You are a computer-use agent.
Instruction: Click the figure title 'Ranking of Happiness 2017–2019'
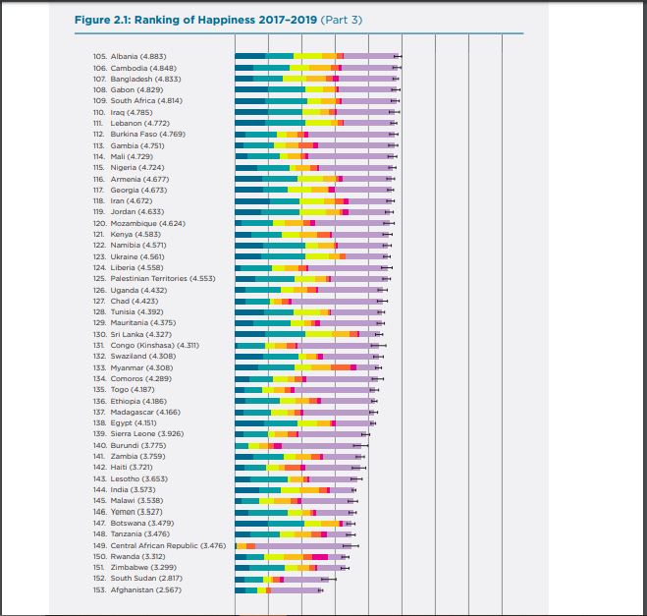[x=225, y=20]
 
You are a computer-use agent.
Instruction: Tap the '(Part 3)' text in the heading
[x=342, y=20]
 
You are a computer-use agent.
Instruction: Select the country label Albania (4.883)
[x=138, y=57]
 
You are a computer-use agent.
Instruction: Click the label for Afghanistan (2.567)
[x=145, y=590]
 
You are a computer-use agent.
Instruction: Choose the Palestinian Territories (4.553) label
[x=163, y=279]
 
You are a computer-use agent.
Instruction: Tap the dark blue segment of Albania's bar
[x=250, y=56]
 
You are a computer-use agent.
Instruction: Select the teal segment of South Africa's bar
[x=286, y=101]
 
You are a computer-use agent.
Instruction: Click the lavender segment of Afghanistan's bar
[x=296, y=590]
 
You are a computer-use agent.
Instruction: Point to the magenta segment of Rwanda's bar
[x=320, y=557]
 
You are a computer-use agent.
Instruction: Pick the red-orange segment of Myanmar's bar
[x=341, y=367]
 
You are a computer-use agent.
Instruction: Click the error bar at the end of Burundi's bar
[x=360, y=446]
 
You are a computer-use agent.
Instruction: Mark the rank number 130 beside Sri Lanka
[x=99, y=334]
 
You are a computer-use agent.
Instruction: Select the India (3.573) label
[x=133, y=489]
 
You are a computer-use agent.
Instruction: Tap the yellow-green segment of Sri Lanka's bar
[x=318, y=334]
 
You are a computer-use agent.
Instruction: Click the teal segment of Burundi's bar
[x=242, y=446]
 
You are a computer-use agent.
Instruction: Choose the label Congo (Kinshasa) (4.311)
[x=155, y=345]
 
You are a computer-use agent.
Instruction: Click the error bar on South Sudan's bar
[x=329, y=580]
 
